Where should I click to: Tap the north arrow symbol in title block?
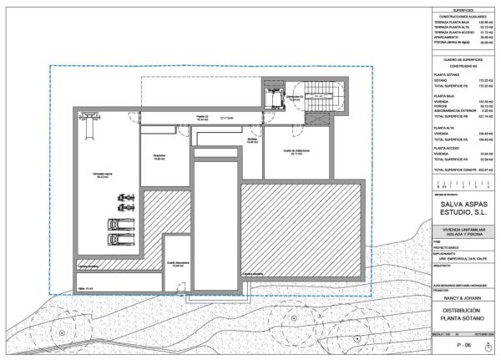coord(488,346)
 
